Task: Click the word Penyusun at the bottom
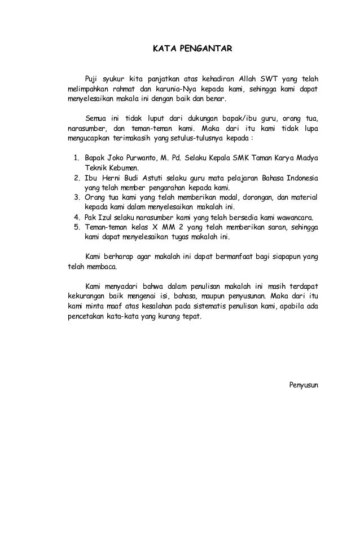(304, 385)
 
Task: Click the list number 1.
(77, 158)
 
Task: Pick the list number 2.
(77, 178)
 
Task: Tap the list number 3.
(77, 197)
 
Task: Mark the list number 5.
(77, 227)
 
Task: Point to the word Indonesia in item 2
(302, 178)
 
